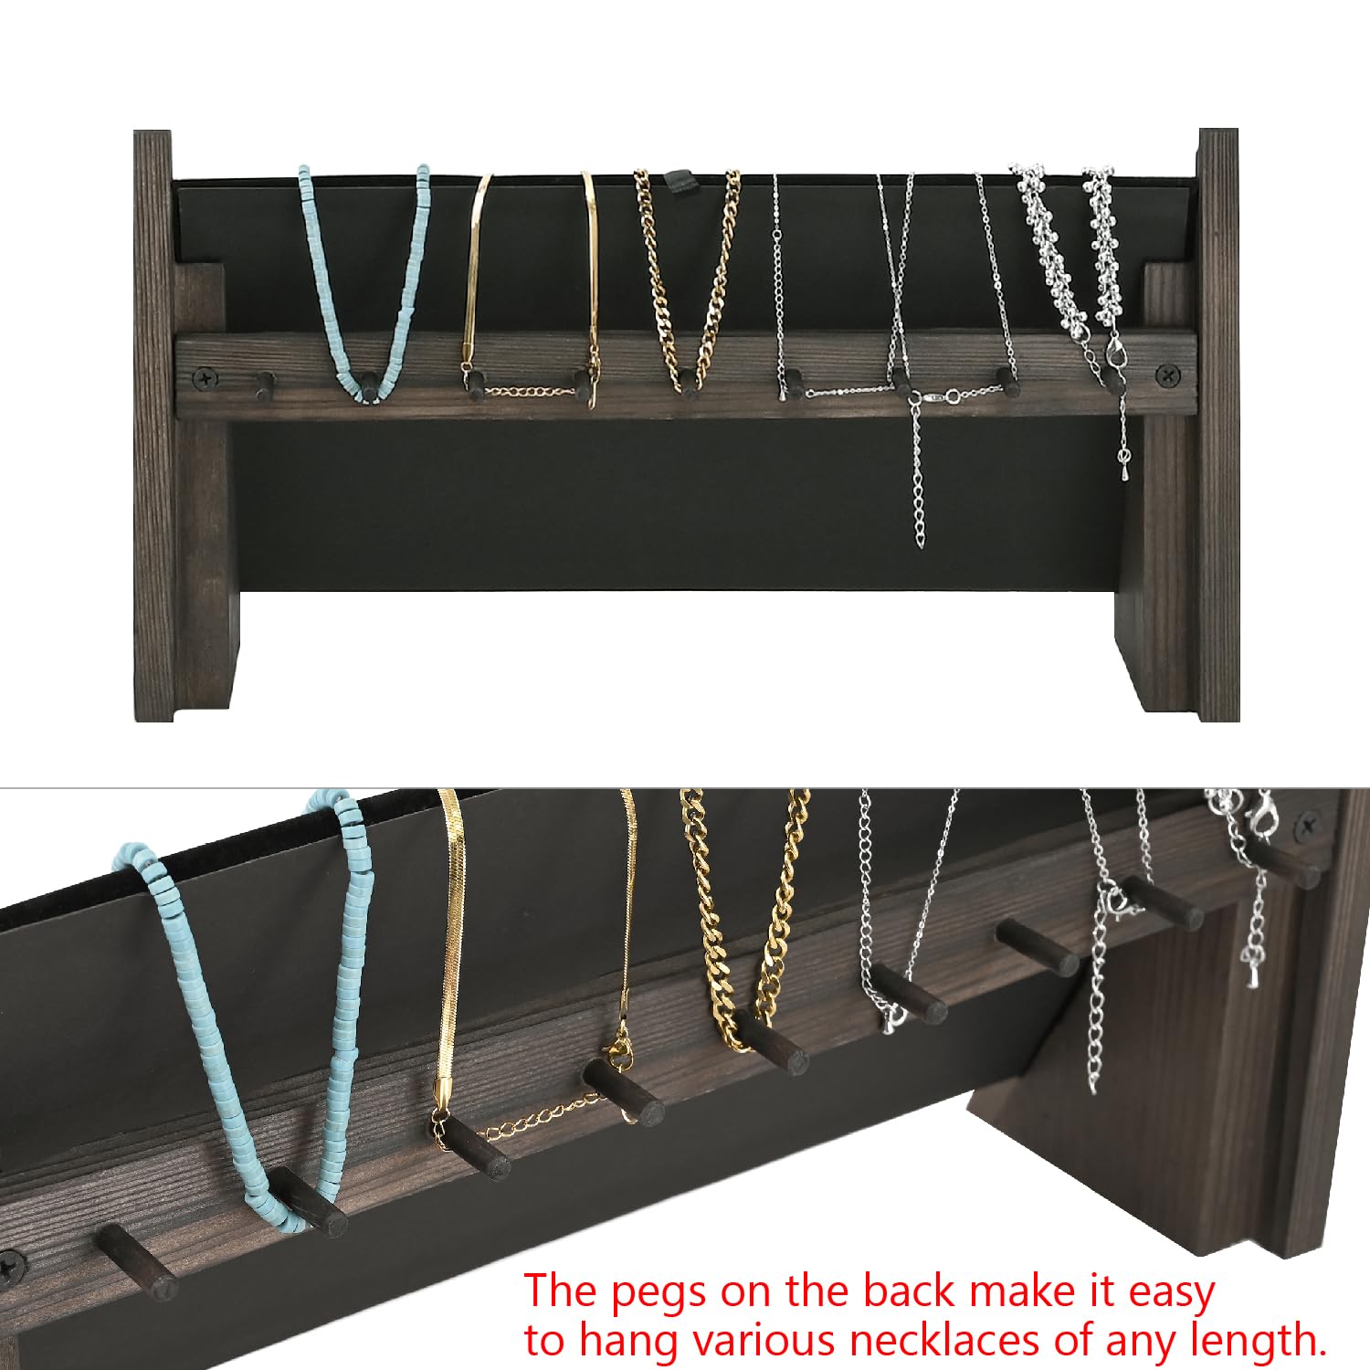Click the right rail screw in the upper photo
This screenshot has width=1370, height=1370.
click(1167, 373)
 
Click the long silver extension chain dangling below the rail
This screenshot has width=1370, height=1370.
click(917, 484)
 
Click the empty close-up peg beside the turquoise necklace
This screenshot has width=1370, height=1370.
click(137, 1260)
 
